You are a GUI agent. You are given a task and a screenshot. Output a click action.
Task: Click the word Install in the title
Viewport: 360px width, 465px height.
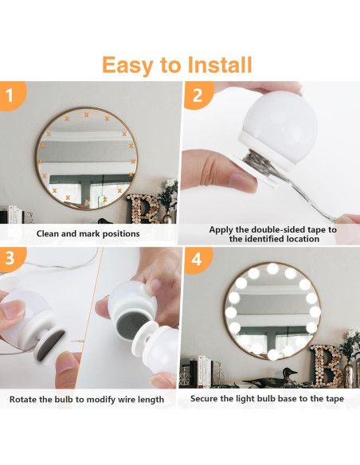point(217,64)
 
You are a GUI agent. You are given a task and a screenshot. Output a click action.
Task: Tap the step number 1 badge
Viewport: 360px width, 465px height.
point(10,96)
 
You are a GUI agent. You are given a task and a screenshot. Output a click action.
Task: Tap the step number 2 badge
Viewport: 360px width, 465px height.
point(196,96)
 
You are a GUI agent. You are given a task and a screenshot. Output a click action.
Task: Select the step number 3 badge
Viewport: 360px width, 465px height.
point(10,259)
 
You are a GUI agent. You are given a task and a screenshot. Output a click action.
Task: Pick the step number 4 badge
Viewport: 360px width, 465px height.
point(196,259)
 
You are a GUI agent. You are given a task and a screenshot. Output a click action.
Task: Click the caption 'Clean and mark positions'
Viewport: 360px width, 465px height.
point(88,233)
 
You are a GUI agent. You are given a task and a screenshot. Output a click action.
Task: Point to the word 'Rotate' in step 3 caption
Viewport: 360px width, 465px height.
point(25,399)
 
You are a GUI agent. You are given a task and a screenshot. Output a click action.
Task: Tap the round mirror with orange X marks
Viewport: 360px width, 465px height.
point(85,158)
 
